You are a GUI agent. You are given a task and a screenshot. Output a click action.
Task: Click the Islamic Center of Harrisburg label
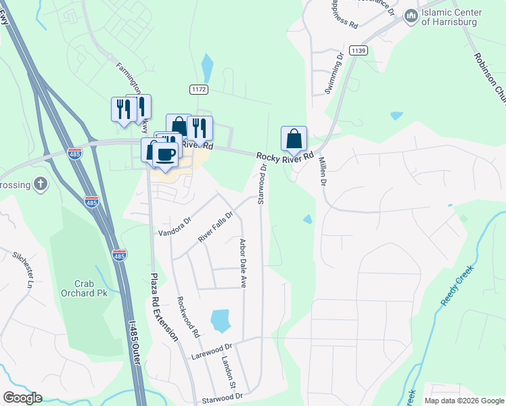coord(451,17)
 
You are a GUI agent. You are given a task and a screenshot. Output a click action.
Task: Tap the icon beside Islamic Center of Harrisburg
coord(410,16)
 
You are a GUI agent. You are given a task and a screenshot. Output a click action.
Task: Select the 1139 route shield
coord(359,50)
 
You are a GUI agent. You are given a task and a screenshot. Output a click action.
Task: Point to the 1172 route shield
coord(198,89)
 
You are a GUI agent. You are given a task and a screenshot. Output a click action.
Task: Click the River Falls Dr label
coord(215,227)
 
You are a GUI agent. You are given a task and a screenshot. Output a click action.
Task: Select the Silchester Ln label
coord(22,269)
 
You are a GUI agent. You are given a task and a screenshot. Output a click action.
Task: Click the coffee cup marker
coord(165,154)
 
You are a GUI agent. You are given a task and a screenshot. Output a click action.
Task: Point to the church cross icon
coord(41,184)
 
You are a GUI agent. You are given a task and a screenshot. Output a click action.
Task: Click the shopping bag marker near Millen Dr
coord(294,139)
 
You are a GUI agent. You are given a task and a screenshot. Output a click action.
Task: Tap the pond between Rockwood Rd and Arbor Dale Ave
coord(221,320)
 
